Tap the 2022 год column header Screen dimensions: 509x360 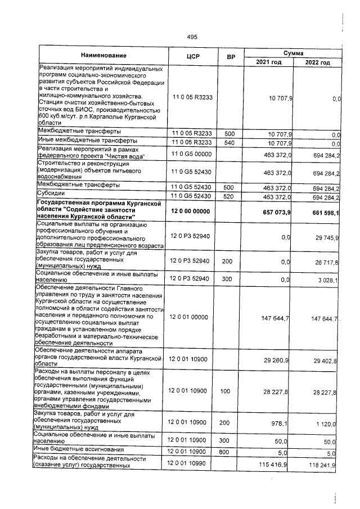tap(317, 62)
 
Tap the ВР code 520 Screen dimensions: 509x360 tap(229, 197)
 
